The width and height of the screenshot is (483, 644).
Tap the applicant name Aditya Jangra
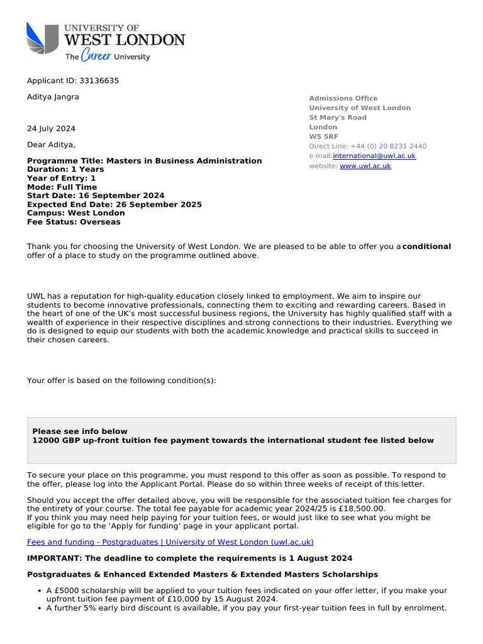53,97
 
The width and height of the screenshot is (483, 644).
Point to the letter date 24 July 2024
51,128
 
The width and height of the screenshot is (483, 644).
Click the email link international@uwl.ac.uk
374,156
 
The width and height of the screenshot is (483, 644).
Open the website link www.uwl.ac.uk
365,166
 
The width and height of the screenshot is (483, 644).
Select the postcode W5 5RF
323,136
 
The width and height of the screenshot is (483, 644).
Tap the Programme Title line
144,161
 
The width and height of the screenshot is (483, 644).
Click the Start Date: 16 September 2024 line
96,196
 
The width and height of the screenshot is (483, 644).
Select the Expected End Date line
114,204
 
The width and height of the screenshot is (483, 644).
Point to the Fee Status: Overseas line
74,222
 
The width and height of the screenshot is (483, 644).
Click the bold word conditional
426,247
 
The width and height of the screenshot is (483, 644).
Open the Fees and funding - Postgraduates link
170,541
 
